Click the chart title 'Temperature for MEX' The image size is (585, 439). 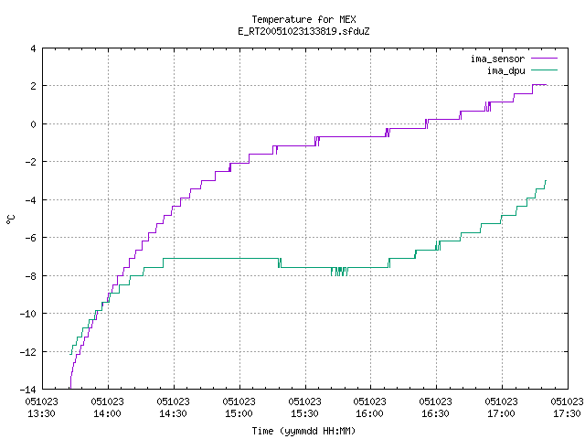point(303,19)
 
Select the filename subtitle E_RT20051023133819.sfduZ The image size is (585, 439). point(303,31)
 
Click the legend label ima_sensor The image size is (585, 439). point(497,59)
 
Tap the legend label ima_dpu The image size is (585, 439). point(505,70)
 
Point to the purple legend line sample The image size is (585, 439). point(545,59)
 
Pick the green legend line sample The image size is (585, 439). point(545,70)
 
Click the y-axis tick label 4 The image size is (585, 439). point(34,48)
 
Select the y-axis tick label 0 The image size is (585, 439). point(34,124)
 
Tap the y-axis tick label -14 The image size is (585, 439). point(28,390)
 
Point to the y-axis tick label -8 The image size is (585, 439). point(30,276)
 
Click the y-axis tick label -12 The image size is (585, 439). point(28,351)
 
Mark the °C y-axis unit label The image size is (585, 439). point(10,219)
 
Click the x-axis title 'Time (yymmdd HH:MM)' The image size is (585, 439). point(303,431)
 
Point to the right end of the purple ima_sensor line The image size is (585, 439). point(547,85)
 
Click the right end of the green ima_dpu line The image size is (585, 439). point(546,181)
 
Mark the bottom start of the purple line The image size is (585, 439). point(70,389)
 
